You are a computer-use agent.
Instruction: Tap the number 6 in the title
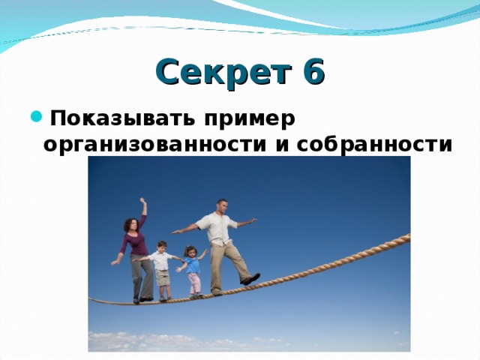click(313, 73)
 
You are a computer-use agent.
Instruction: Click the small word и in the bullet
click(281, 144)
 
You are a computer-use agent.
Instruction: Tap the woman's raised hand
click(142, 202)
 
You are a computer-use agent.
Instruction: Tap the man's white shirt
click(218, 229)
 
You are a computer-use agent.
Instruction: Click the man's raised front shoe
click(250, 279)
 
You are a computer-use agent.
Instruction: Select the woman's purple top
click(135, 244)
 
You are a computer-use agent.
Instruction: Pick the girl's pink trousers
click(194, 283)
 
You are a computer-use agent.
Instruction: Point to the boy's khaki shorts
click(163, 277)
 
